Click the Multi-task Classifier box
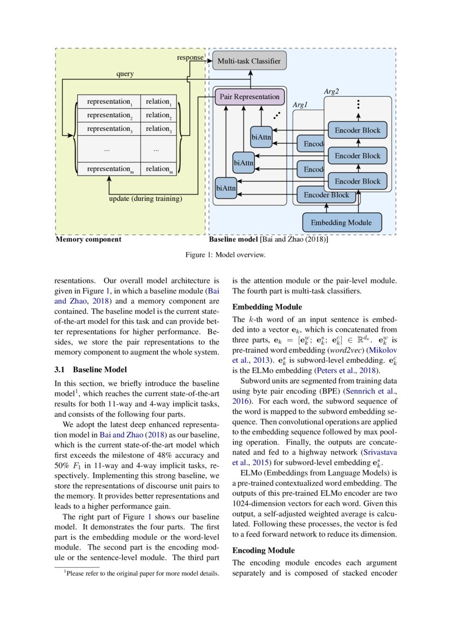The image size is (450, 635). [249, 61]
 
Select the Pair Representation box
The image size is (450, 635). [249, 97]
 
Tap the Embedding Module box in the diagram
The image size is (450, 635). [341, 222]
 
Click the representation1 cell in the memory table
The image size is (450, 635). [109, 102]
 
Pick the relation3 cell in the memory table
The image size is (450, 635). [158, 129]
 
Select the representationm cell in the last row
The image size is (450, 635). [109, 169]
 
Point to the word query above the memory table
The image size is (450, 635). [125, 74]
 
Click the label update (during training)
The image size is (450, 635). [145, 199]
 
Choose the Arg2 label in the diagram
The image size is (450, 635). [331, 91]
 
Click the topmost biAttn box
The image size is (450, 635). [261, 138]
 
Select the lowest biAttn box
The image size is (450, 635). [225, 188]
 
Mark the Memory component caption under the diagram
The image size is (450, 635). [88, 239]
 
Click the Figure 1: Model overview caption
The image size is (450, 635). [225, 254]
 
